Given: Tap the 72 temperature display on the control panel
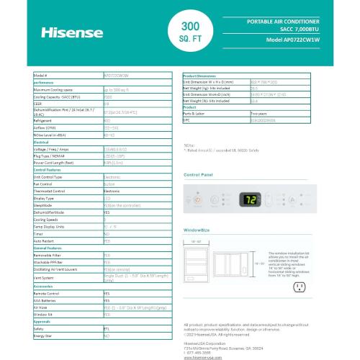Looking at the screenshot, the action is coord(251,199).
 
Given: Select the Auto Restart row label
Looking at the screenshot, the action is coord(45,241).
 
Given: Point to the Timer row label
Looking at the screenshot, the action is coord(39,235).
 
